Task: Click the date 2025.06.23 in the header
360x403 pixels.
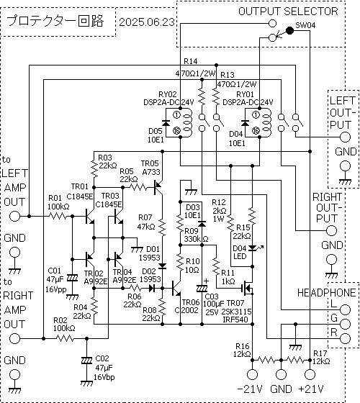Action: point(147,22)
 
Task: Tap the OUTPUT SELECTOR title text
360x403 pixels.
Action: point(288,12)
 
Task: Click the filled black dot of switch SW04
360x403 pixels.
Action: point(289,31)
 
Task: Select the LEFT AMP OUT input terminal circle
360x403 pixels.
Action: point(14,216)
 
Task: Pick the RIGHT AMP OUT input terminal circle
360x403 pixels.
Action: point(14,338)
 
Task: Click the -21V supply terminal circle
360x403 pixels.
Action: point(252,374)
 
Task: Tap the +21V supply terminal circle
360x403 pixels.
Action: point(310,374)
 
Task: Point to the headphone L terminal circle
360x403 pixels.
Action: point(345,310)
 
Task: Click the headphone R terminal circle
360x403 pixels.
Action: point(345,338)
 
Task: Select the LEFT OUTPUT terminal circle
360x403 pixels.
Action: point(345,137)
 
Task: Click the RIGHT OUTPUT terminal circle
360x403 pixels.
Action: point(331,230)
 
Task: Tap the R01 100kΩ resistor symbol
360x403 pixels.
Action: point(58,216)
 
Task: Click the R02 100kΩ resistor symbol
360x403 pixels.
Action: point(65,338)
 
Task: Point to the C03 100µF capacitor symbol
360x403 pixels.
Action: point(202,289)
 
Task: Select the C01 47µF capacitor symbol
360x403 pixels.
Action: point(72,278)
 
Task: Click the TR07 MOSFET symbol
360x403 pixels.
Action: point(248,288)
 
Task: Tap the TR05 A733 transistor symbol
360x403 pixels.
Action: point(158,188)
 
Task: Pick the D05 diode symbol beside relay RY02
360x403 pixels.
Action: point(166,123)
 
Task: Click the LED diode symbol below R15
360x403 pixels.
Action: point(253,248)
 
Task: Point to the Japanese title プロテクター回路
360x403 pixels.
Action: point(55,21)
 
